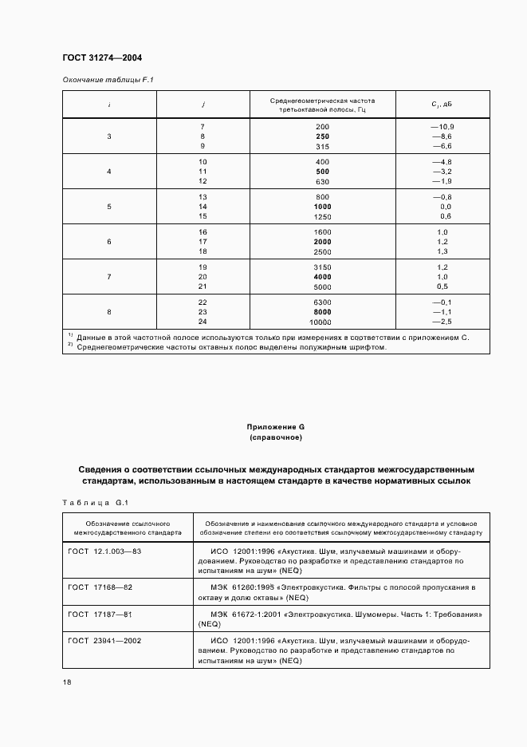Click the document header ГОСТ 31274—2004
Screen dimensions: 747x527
click(102, 57)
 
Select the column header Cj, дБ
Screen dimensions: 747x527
click(442, 105)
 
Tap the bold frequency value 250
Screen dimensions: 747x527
click(322, 136)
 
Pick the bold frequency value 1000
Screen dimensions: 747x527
click(322, 207)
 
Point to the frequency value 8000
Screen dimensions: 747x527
click(322, 312)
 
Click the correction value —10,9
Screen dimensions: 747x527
click(442, 128)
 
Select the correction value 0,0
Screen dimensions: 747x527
click(445, 207)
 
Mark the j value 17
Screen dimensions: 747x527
click(203, 242)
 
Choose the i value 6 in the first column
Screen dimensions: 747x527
click(109, 242)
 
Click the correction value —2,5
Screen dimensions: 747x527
click(442, 321)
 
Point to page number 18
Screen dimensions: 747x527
click(67, 682)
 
